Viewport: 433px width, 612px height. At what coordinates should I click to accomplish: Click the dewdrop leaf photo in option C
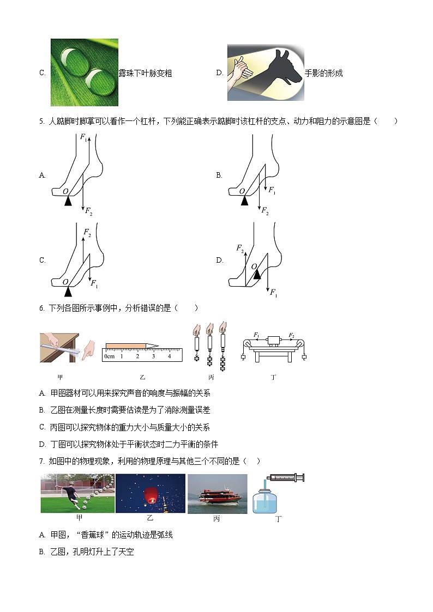tap(84, 72)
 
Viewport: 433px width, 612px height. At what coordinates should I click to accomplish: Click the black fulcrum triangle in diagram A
tap(68, 201)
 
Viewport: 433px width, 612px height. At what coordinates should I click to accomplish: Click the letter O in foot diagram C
tap(65, 282)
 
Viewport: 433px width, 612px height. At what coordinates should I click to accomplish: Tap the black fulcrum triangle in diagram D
tap(256, 275)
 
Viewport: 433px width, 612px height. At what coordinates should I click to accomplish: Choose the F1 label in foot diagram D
tap(274, 293)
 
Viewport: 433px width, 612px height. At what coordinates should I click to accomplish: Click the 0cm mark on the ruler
tap(109, 356)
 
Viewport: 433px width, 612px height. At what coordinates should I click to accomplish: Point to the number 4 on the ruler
tap(170, 356)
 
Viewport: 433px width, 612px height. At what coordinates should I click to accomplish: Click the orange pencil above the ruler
tap(131, 346)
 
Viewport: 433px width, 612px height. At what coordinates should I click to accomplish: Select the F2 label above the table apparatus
tap(291, 335)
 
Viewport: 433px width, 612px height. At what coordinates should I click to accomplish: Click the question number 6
tap(41, 308)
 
